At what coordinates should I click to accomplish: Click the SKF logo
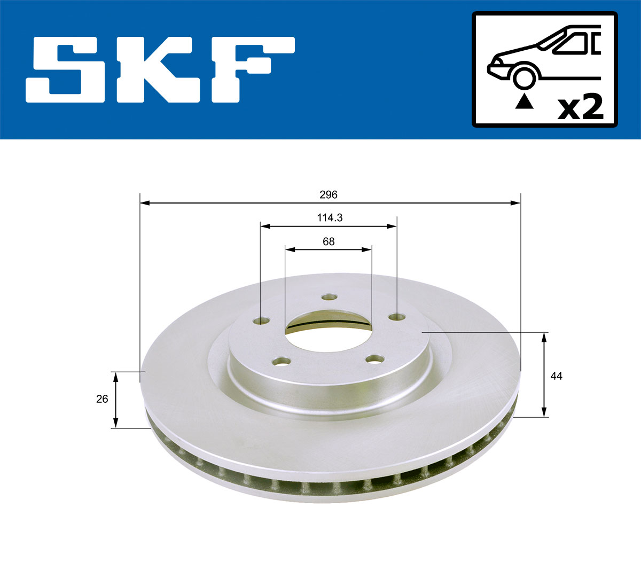[x=160, y=69]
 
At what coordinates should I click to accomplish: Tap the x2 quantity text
[x=580, y=107]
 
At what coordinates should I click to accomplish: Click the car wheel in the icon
[x=524, y=77]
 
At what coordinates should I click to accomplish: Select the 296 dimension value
[x=329, y=195]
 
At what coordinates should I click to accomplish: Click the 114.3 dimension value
[x=329, y=218]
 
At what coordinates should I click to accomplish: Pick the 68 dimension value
[x=329, y=241]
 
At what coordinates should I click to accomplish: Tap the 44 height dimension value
[x=556, y=376]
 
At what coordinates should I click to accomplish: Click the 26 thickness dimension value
[x=102, y=399]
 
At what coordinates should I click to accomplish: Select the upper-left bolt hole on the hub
[x=262, y=321]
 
